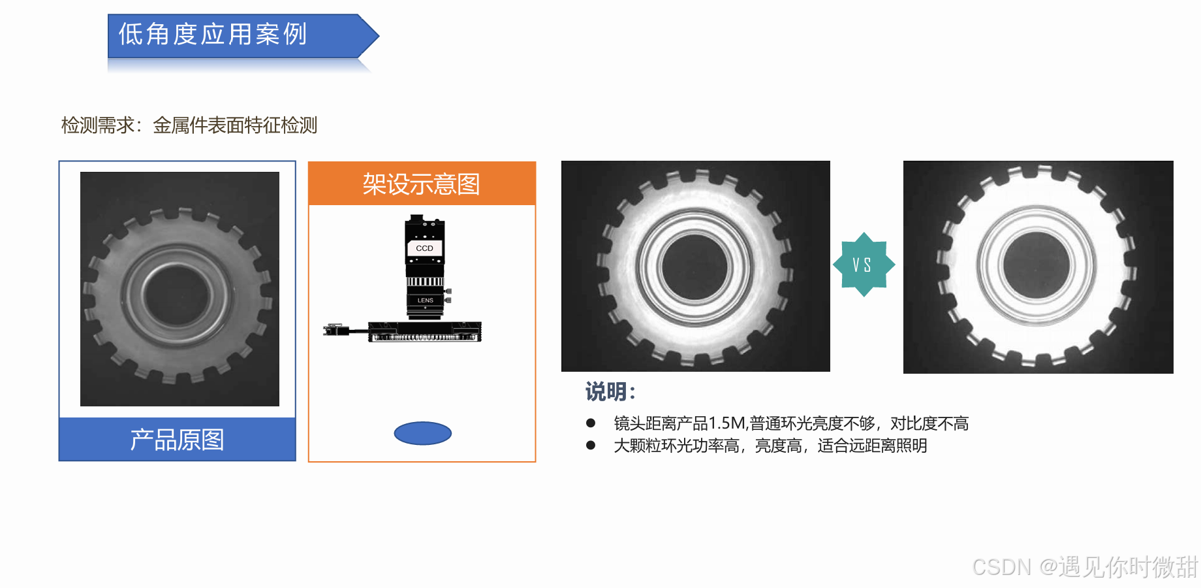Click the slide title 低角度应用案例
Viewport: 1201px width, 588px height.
[212, 34]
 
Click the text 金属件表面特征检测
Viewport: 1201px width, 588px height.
[235, 125]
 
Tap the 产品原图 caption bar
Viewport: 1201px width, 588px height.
[177, 439]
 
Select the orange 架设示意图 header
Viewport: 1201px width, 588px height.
[422, 184]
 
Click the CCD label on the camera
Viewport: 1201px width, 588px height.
[424, 248]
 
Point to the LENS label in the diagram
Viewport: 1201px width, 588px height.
[426, 301]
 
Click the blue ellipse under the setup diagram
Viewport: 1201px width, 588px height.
[423, 433]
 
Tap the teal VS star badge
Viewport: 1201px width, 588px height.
[863, 265]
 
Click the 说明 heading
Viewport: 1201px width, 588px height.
[610, 391]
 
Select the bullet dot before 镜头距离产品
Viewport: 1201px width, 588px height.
[591, 423]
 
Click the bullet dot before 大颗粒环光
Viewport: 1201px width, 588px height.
[591, 446]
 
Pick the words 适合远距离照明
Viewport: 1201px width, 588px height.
[872, 446]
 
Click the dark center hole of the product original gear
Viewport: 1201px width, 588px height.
[177, 295]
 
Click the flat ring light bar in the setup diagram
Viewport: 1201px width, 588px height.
[425, 332]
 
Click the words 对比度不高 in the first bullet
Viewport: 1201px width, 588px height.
[929, 423]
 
